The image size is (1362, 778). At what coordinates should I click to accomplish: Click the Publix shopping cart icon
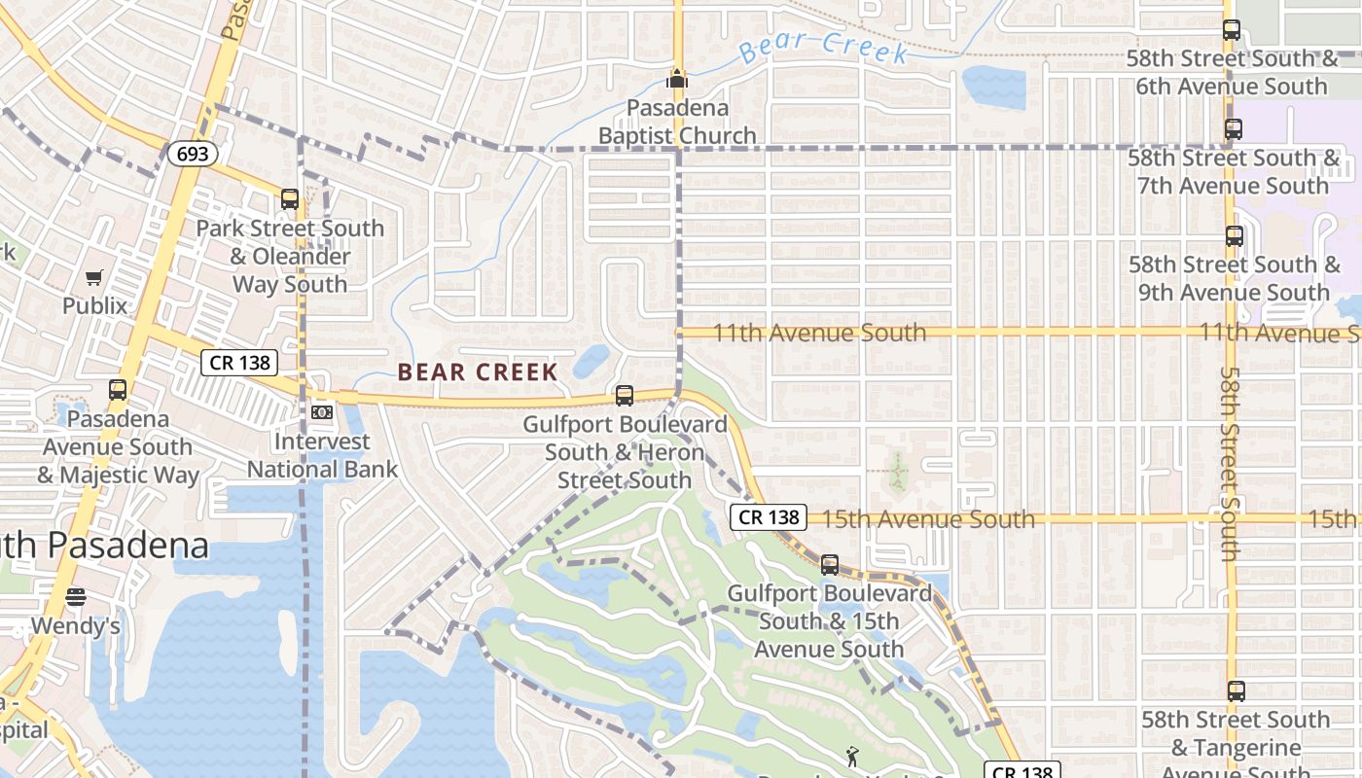click(93, 279)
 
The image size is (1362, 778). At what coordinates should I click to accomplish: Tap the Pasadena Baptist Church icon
click(677, 78)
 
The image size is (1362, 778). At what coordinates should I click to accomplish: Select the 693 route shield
click(192, 154)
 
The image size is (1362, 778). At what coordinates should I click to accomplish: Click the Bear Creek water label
click(823, 46)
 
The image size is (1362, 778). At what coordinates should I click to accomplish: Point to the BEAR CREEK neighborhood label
click(478, 371)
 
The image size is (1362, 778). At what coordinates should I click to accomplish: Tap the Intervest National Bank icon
click(321, 412)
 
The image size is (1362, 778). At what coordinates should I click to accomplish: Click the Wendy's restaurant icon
click(76, 596)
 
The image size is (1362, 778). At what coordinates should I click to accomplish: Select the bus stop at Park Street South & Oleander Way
click(289, 199)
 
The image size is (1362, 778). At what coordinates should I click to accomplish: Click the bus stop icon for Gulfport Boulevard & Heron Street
click(625, 396)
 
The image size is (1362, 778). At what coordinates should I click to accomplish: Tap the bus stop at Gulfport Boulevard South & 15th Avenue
click(830, 564)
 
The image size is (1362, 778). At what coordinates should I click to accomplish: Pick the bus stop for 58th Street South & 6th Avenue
click(1232, 30)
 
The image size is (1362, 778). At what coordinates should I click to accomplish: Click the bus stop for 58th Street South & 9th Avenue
click(1234, 236)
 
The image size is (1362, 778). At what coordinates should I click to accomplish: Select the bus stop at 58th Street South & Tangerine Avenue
click(1236, 691)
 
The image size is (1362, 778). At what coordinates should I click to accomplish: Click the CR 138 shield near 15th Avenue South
click(769, 517)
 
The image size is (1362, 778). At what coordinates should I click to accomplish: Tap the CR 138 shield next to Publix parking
click(240, 363)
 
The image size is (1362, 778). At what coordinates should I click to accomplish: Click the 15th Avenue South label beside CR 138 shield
click(928, 518)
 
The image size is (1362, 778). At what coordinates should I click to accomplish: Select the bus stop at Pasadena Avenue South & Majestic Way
click(118, 390)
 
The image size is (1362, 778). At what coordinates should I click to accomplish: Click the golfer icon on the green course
click(852, 756)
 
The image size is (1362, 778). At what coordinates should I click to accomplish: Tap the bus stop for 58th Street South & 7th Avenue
click(1234, 128)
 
